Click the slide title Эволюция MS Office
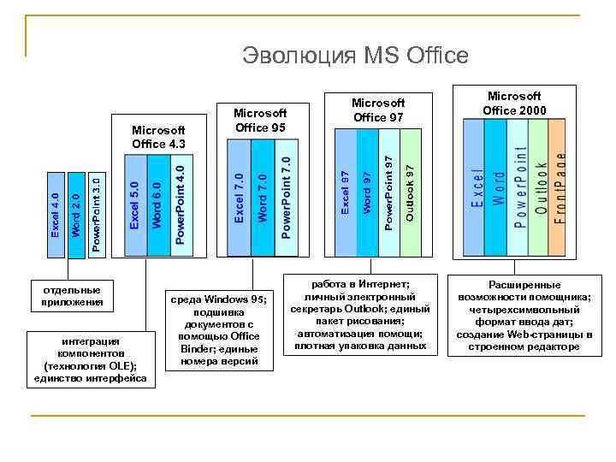355,56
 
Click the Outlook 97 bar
411,192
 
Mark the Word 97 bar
367,192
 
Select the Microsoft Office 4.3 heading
158,137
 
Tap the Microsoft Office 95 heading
260,120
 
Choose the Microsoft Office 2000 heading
514,104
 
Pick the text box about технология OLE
90,359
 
